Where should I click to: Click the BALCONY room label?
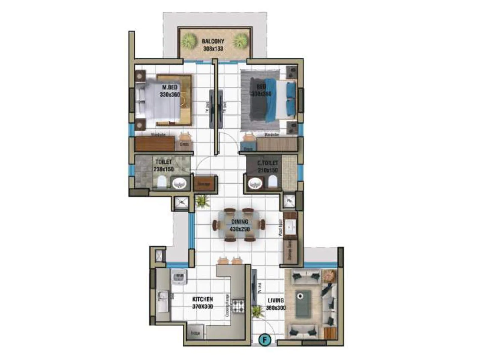pyautogui.click(x=213, y=41)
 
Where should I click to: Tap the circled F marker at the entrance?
pyautogui.click(x=265, y=340)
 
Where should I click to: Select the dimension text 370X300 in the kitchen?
pyautogui.click(x=203, y=307)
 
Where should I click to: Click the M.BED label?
pyautogui.click(x=170, y=87)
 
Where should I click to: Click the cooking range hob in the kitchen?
pyautogui.click(x=239, y=306)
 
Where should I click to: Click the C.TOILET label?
pyautogui.click(x=268, y=163)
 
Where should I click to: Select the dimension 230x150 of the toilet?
pyautogui.click(x=164, y=169)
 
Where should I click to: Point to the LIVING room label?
pyautogui.click(x=276, y=300)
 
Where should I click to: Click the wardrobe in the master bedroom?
pyautogui.click(x=155, y=143)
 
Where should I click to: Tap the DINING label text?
pyautogui.click(x=240, y=222)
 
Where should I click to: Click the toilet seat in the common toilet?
pyautogui.click(x=272, y=181)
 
